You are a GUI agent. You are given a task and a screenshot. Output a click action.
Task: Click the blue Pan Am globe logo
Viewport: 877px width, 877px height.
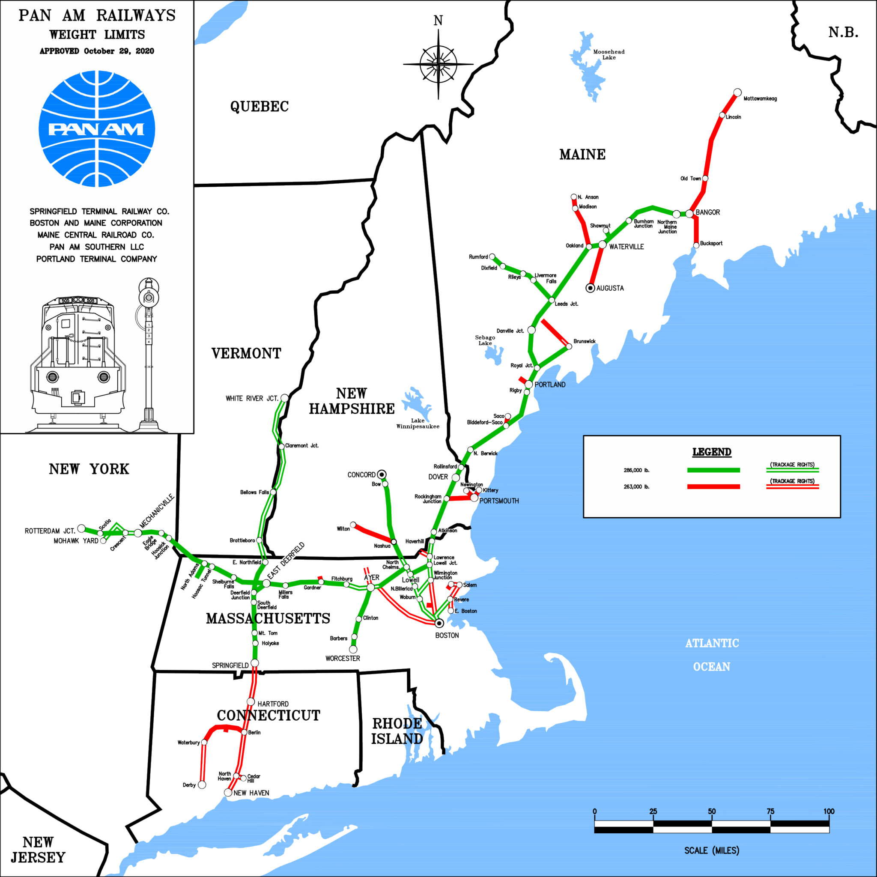pos(97,129)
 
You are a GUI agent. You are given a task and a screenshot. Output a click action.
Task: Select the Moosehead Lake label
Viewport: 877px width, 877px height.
pos(609,54)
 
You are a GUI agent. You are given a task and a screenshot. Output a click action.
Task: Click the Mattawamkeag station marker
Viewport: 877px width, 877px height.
pos(738,92)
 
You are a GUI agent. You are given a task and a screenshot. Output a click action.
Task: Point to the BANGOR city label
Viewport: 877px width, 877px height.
pos(707,212)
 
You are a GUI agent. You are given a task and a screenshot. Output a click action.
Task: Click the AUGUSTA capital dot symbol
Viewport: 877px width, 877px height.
pos(590,288)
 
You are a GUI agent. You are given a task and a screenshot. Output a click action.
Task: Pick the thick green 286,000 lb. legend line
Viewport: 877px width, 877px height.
pos(713,470)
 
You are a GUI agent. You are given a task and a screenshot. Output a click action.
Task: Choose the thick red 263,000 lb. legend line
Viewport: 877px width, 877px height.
pos(713,486)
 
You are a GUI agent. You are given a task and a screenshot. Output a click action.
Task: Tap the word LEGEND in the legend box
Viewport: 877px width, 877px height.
pos(712,452)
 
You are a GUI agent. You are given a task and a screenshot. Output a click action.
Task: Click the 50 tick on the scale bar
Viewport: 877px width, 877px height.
pos(712,811)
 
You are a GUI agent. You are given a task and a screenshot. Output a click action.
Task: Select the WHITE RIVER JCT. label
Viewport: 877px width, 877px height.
pos(252,399)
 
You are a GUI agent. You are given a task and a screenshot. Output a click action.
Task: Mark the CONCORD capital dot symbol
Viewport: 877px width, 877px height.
pos(382,475)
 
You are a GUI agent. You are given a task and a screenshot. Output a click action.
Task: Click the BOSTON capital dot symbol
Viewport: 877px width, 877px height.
pos(439,623)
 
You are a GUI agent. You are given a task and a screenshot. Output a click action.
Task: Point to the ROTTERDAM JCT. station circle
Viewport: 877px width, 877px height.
pos(81,528)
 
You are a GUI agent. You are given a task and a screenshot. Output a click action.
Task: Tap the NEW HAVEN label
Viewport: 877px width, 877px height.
pos(251,793)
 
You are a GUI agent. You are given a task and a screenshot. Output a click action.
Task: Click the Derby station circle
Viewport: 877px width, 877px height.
pos(202,785)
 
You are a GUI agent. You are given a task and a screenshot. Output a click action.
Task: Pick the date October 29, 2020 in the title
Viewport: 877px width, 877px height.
pos(119,51)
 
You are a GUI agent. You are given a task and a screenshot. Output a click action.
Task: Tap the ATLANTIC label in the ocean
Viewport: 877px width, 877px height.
pos(712,643)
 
